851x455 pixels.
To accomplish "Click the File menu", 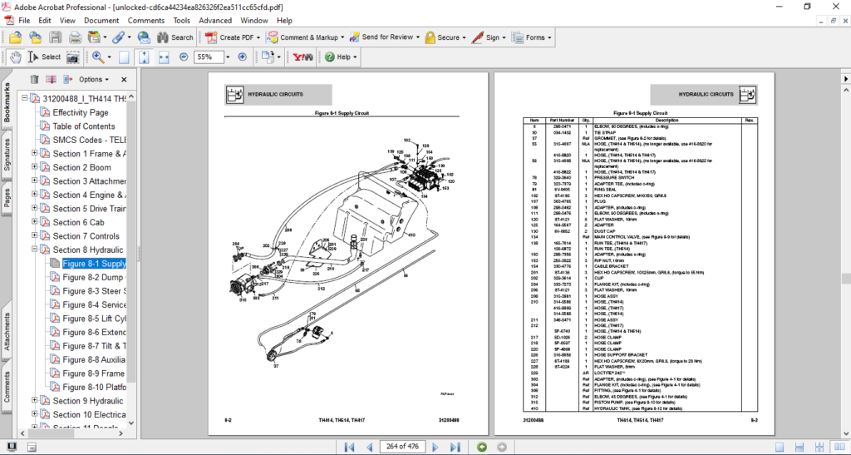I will (23, 20).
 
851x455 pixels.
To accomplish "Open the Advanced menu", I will (215, 20).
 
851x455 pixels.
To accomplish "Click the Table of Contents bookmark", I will (84, 126).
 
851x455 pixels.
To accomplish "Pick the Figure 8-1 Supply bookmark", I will (94, 264).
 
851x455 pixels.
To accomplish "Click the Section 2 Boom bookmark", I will (81, 167).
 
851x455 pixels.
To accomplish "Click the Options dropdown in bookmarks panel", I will (93, 80).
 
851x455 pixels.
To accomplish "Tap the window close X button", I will (837, 7).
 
